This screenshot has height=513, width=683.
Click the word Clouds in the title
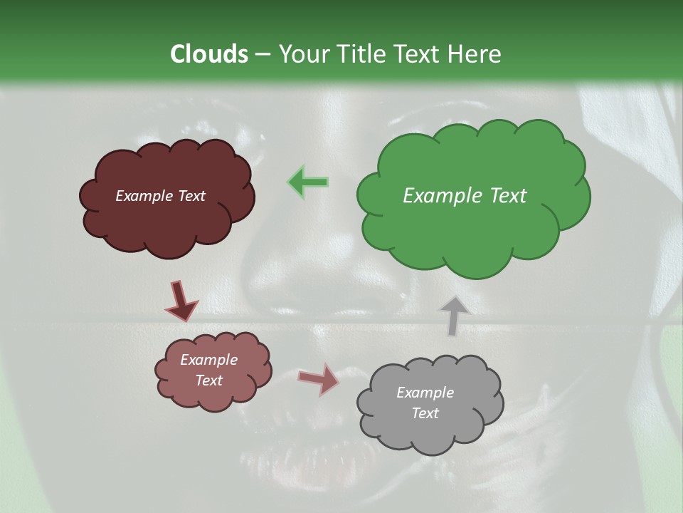(x=208, y=54)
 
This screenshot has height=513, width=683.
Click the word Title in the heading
(x=359, y=54)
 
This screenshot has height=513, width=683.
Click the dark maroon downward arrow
(x=181, y=301)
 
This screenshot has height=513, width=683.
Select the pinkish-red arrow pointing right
(x=318, y=379)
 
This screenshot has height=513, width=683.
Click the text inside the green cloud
(x=465, y=196)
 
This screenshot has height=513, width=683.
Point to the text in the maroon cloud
(x=160, y=196)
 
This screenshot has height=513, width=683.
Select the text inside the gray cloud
(x=425, y=403)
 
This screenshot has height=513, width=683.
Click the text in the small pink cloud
(x=208, y=370)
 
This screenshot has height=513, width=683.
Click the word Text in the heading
(x=418, y=54)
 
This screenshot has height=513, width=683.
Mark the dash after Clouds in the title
(x=263, y=54)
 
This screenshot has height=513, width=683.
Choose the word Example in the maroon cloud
(x=142, y=196)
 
